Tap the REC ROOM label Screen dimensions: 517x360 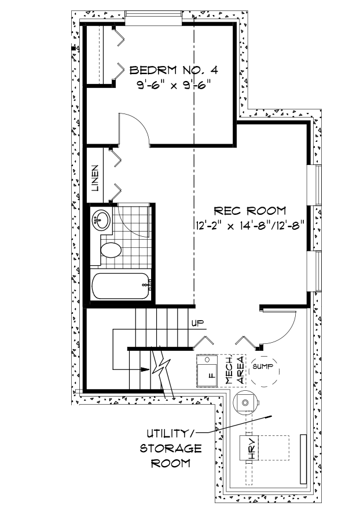(249, 210)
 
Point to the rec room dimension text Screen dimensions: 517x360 (249, 223)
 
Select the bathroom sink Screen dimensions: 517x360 (101, 220)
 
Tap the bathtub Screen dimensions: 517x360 (122, 285)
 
